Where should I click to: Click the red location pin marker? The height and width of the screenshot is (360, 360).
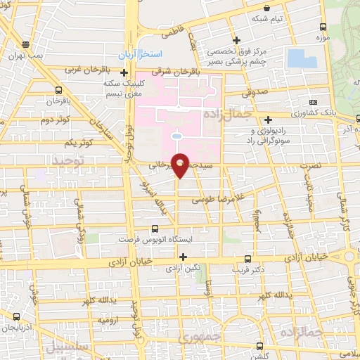pos(181,165)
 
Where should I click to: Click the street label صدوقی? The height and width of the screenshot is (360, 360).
pos(257,91)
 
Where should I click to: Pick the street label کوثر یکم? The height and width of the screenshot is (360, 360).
pos(78,143)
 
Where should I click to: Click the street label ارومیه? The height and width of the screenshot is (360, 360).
pos(108,319)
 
